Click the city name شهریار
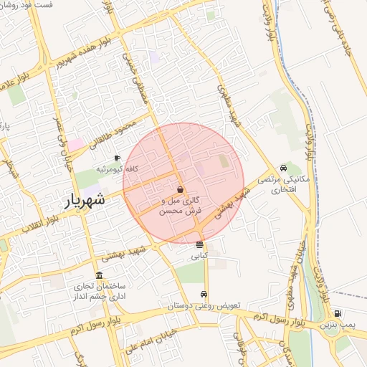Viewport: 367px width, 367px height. [85, 200]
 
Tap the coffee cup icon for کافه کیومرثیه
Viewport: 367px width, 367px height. [118, 158]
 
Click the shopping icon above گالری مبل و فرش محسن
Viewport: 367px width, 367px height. [180, 189]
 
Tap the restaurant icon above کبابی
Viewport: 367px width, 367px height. [199, 244]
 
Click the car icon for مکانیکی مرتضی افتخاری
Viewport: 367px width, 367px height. [285, 168]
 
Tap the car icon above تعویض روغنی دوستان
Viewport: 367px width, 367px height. [204, 295]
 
